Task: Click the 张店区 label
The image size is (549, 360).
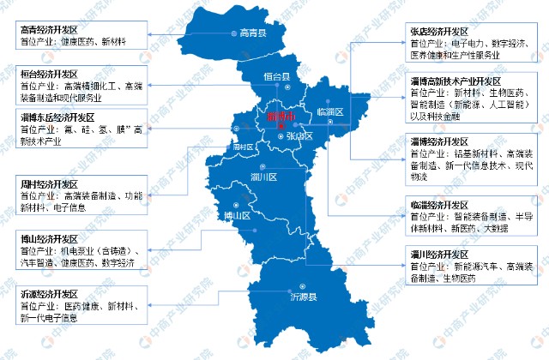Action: (x=299, y=136)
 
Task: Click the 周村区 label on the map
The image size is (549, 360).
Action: (x=245, y=147)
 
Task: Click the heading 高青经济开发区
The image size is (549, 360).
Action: (x=52, y=29)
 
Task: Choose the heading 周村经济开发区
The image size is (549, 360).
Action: (x=52, y=183)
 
